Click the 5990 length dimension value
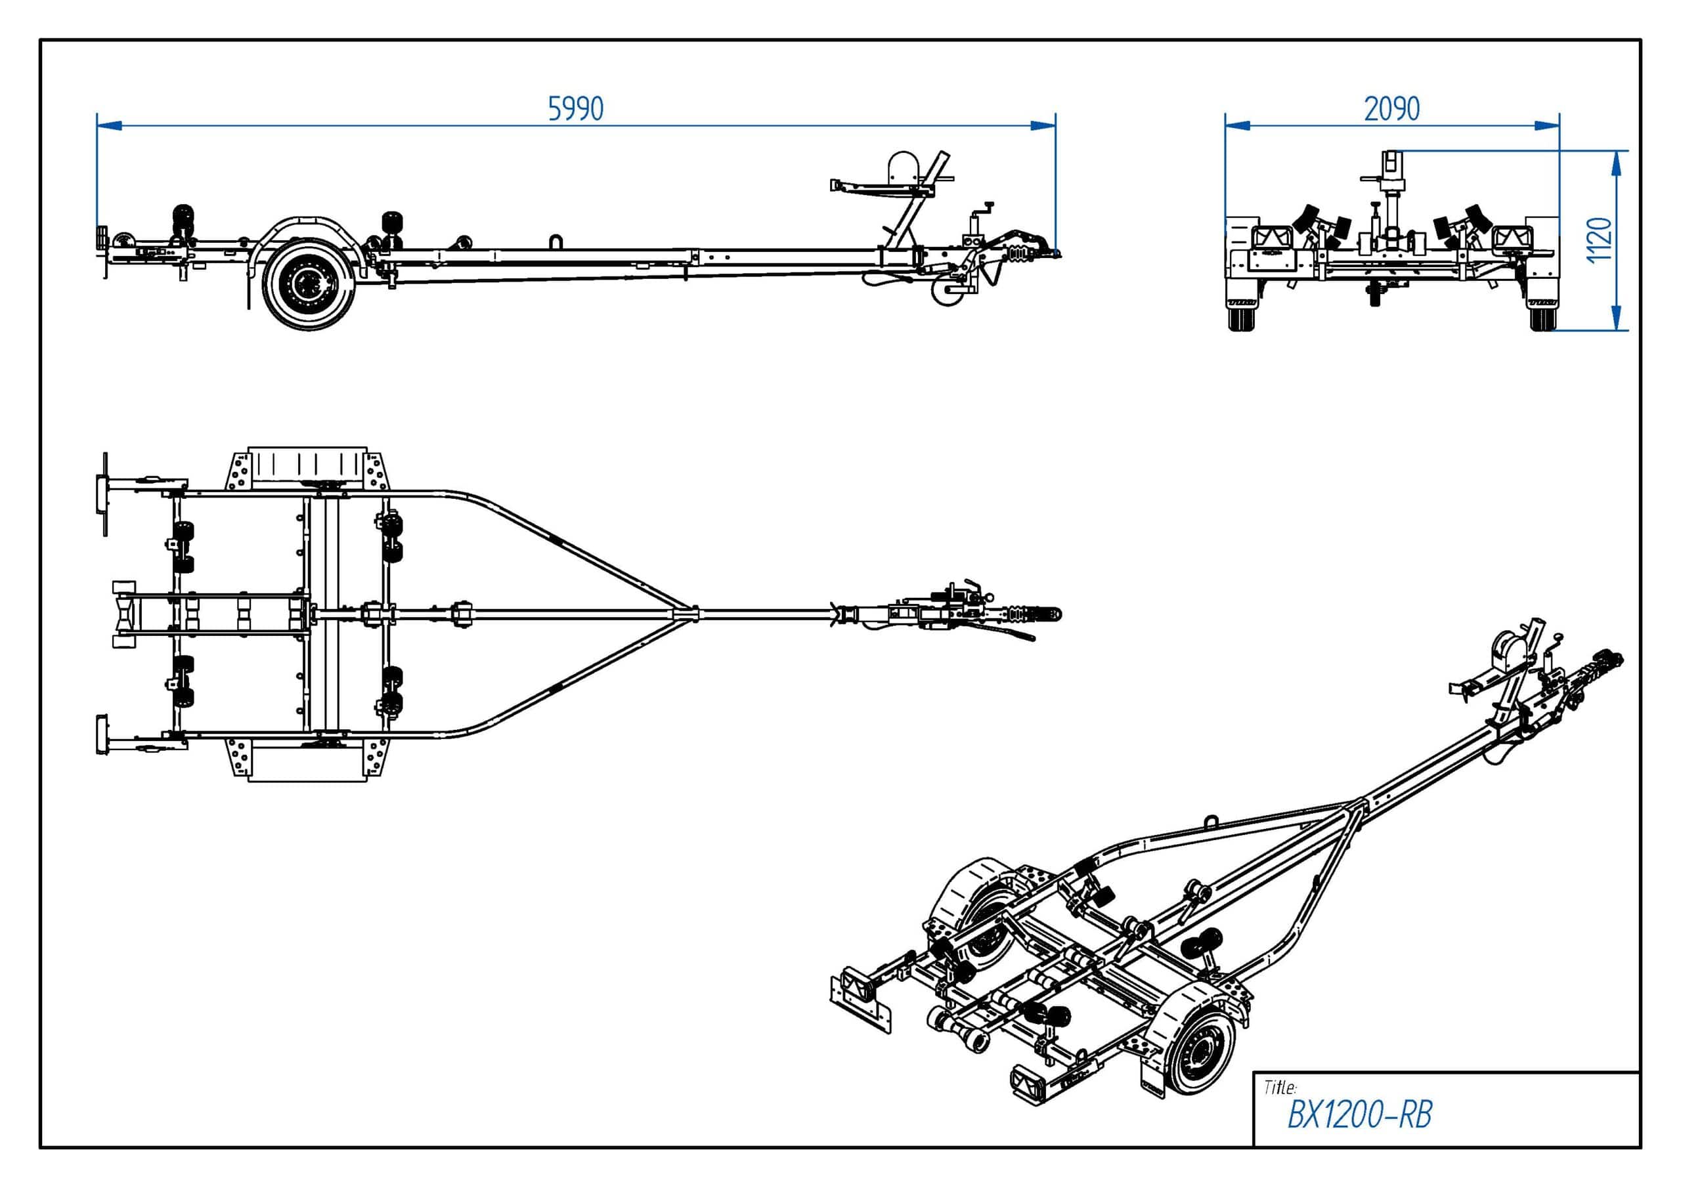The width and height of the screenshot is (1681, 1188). coord(575,109)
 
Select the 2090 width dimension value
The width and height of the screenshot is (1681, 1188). coord(1392,109)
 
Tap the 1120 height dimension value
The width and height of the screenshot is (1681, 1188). coord(1600,240)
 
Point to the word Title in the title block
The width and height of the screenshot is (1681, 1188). coord(1279,1087)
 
